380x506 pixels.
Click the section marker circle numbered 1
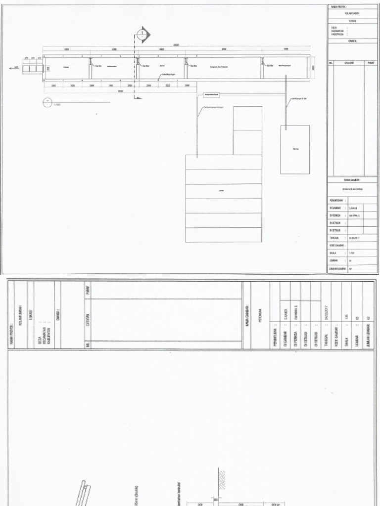tap(142, 34)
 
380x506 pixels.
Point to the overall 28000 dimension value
tap(176, 45)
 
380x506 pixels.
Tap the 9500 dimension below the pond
tap(120, 91)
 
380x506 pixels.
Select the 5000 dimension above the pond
tap(285, 49)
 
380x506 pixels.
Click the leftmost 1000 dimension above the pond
tap(66, 49)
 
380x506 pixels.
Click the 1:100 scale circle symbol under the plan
tap(47, 102)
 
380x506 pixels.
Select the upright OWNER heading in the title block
tap(352, 41)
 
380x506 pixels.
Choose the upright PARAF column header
tap(371, 63)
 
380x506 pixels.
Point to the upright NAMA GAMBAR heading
tap(352, 180)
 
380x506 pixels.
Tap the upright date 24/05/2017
tap(355, 238)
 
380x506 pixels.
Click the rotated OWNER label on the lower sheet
tap(58, 314)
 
